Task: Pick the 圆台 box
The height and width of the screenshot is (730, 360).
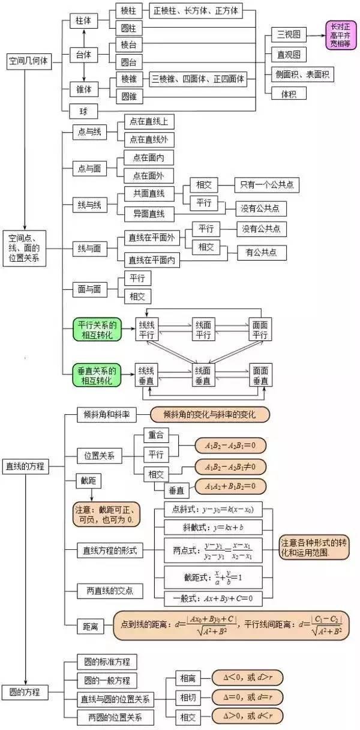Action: (128, 61)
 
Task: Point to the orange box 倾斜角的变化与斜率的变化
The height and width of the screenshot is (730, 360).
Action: (209, 414)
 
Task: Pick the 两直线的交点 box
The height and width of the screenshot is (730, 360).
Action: (110, 591)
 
